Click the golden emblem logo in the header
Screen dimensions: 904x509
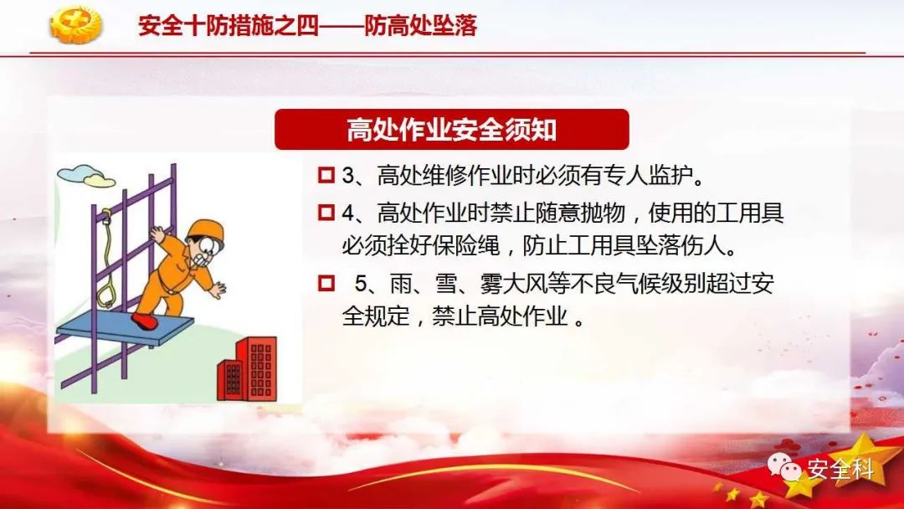(x=75, y=25)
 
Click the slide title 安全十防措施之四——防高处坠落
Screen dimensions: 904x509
(x=308, y=25)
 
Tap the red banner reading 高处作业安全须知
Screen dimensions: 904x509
(x=451, y=129)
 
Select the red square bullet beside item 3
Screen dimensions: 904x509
(x=326, y=175)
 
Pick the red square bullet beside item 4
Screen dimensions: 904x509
(x=326, y=212)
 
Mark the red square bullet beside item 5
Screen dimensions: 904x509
(x=326, y=283)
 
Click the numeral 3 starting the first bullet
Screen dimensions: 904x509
(x=347, y=175)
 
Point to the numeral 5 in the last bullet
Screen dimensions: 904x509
(x=361, y=284)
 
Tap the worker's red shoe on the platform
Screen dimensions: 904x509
(x=144, y=321)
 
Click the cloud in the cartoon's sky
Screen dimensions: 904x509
(x=86, y=176)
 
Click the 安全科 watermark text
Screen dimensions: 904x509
(x=840, y=469)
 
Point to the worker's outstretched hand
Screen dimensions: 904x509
(x=218, y=290)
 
